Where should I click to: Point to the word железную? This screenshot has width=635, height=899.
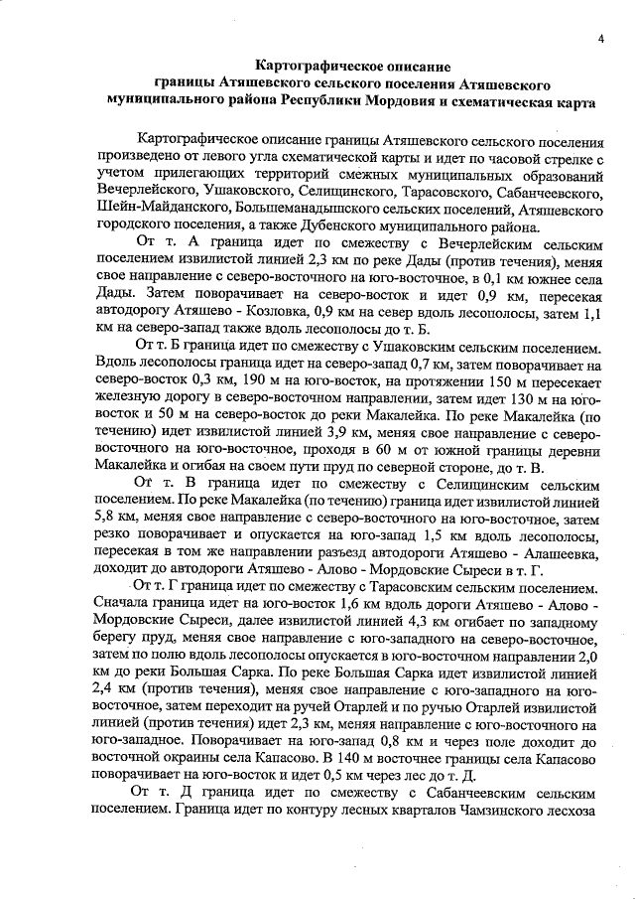pyautogui.click(x=126, y=398)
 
